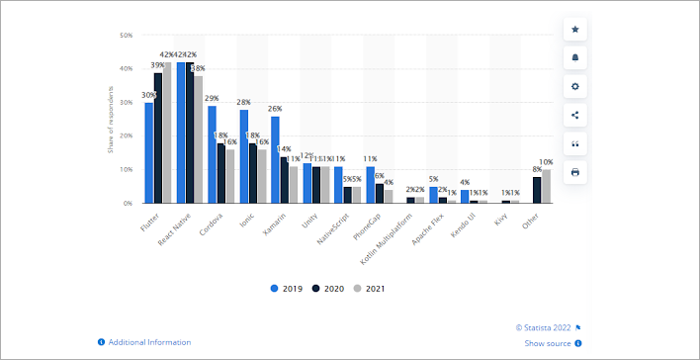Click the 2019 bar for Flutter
pyautogui.click(x=149, y=153)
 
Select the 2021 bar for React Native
pyautogui.click(x=199, y=139)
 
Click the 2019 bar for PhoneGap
pyautogui.click(x=370, y=185)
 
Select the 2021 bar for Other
pyautogui.click(x=546, y=186)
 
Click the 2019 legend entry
pyautogui.click(x=286, y=288)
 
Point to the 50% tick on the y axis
pyautogui.click(x=126, y=36)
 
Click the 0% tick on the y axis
pyautogui.click(x=128, y=203)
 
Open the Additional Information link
pyautogui.click(x=144, y=342)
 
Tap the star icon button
pyautogui.click(x=575, y=29)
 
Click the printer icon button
pyautogui.click(x=575, y=172)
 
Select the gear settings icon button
pyautogui.click(x=575, y=86)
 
